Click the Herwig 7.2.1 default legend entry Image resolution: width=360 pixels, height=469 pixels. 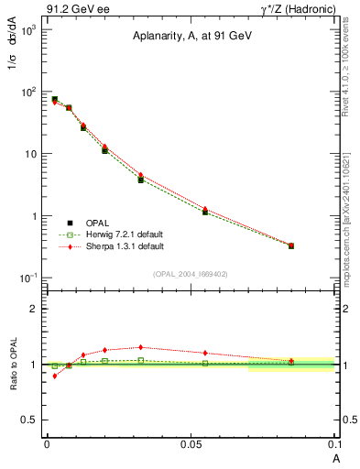[114, 234]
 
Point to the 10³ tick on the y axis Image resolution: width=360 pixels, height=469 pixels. [27, 29]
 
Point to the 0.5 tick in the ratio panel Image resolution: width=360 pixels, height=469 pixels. [30, 420]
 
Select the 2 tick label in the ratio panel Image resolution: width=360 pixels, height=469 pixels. [34, 309]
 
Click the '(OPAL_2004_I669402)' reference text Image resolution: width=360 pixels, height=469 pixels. [191, 273]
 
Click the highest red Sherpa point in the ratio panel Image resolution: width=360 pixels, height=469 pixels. [140, 347]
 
